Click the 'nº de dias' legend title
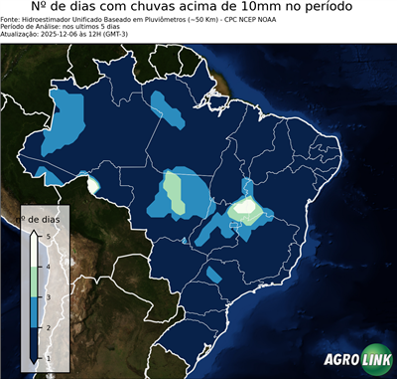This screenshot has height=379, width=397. coord(44,218)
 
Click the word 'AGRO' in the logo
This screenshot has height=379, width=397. coord(340,360)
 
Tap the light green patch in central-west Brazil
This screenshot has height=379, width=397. coord(173,187)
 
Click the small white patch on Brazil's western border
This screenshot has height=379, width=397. coord(93,183)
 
